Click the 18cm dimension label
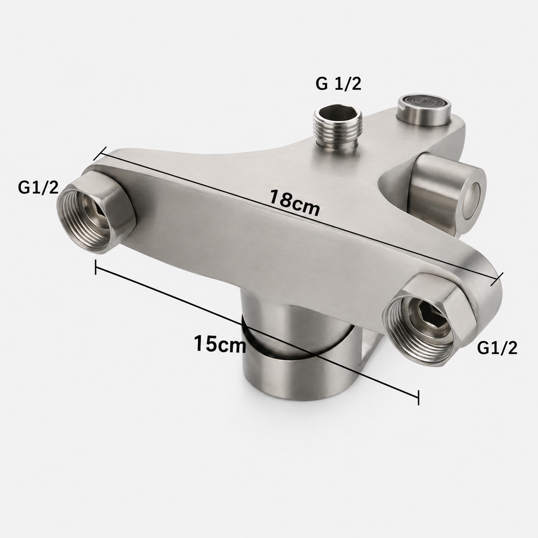(x=295, y=203)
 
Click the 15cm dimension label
(x=220, y=344)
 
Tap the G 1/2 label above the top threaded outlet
(x=338, y=84)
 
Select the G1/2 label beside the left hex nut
(x=38, y=188)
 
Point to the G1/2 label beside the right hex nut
(x=497, y=348)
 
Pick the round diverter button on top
(x=424, y=109)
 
